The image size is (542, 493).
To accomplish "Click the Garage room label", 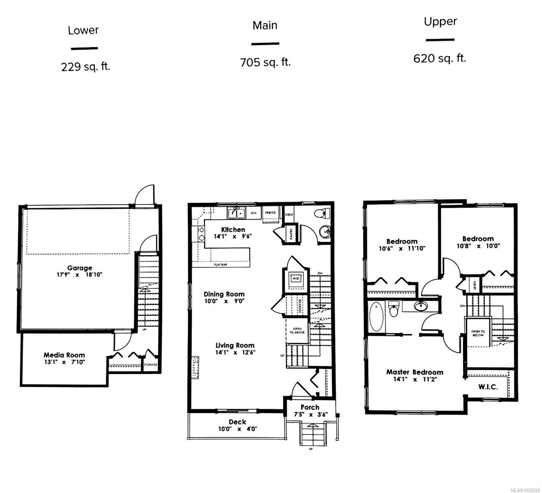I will tap(80, 268).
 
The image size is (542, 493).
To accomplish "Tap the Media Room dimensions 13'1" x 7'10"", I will tap(65, 362).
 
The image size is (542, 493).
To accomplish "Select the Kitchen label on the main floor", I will tap(233, 230).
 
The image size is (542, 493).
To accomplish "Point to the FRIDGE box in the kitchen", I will tap(270, 213).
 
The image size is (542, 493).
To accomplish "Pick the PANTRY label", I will tap(291, 234).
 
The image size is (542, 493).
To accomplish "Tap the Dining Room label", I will tap(224, 294).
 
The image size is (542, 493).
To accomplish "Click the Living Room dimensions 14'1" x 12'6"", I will tap(235, 352).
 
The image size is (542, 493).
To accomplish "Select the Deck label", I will tap(238, 422).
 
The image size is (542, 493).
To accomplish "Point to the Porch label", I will tap(310, 407).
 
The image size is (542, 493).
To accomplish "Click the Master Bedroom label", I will tap(415, 372).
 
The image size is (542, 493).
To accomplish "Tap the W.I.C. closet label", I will tap(488, 387).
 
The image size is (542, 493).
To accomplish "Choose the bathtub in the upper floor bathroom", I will tap(376, 317).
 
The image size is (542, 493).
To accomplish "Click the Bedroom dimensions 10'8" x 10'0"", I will tap(478, 246).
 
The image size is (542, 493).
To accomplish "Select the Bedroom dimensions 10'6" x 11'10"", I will tap(402, 249).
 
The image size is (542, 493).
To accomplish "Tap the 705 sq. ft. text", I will tap(265, 62).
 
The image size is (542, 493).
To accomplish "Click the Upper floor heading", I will tap(440, 21).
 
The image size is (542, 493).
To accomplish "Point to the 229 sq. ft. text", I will tap(85, 67).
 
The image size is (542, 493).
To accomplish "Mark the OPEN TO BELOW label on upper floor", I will tap(478, 333).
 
